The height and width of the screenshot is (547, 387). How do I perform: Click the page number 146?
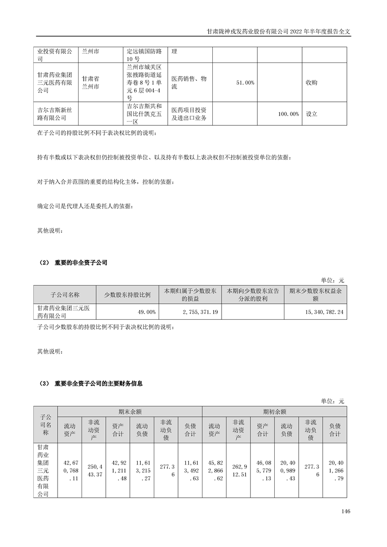[x=346, y=511]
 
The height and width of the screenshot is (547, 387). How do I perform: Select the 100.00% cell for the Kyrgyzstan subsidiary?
[x=288, y=114]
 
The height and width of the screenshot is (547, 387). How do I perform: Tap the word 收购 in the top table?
[x=311, y=83]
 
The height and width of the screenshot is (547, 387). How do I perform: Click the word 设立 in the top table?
[x=311, y=114]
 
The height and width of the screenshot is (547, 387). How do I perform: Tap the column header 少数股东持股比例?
[x=128, y=295]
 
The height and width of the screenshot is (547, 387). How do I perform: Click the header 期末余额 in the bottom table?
[x=130, y=411]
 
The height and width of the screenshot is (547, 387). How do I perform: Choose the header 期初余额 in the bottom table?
[x=274, y=411]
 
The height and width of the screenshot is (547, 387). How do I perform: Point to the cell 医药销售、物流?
[x=190, y=83]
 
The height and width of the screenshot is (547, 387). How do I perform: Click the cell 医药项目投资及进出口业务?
[x=190, y=114]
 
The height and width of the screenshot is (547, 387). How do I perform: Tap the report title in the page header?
[x=279, y=30]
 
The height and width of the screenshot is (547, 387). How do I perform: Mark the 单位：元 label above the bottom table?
[x=333, y=401]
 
